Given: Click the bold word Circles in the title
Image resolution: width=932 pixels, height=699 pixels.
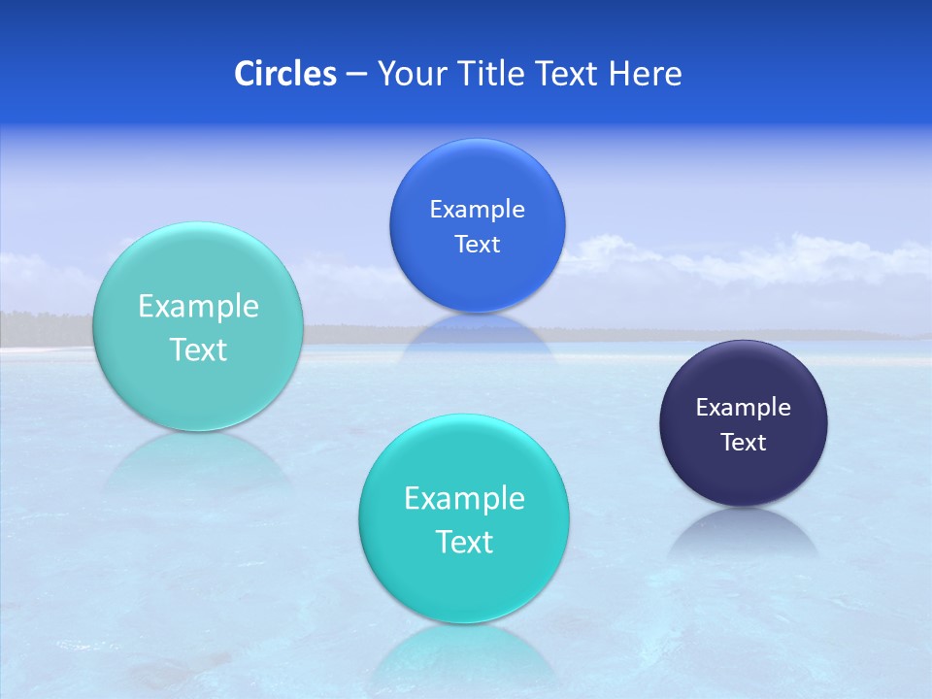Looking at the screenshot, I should coord(285,74).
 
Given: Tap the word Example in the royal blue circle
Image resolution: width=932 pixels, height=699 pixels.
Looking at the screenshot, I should coord(477,210).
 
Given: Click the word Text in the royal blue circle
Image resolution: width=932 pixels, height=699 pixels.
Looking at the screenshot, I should coord(477,245).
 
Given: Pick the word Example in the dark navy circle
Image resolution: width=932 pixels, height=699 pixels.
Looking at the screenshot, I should coord(744,408).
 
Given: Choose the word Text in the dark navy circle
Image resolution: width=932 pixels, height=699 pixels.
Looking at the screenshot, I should coord(744,443).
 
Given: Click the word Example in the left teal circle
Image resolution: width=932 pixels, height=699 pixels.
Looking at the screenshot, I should coord(198,307).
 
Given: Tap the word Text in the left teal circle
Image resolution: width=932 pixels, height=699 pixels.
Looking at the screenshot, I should coord(198,349).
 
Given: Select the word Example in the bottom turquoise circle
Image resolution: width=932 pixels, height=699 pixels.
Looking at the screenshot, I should coord(464,499).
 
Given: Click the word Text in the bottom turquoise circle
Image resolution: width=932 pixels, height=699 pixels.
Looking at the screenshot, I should coord(464,542).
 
